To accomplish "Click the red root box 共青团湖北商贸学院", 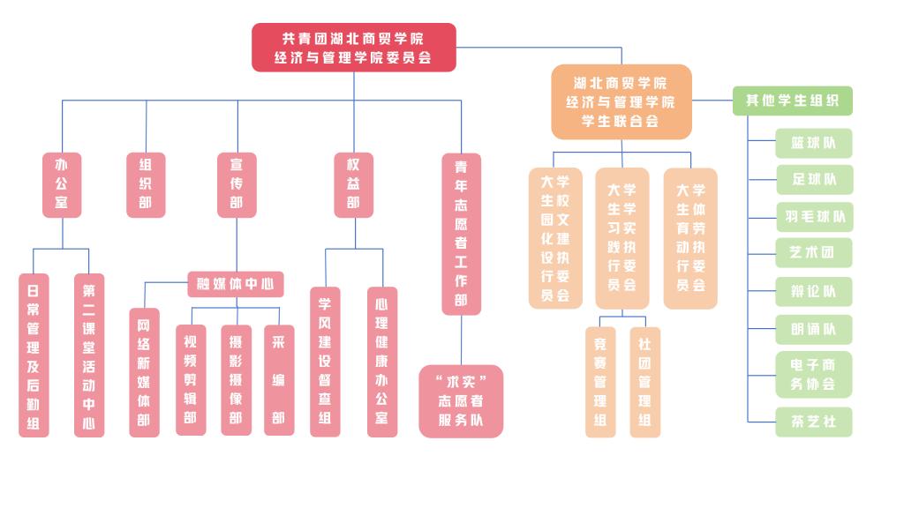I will point(353,48).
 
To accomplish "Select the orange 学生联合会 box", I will point(621,101).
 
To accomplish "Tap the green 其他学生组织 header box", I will point(792,101).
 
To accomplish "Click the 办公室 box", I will point(62,184).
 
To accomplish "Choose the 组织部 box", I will point(146,184).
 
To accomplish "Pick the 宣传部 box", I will point(237,184).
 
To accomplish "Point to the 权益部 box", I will point(353,184).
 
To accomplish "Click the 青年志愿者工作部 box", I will point(461,234).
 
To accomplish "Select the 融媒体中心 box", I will point(236,284).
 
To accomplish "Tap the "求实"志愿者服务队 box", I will point(461,400).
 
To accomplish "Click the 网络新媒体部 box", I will point(144,372).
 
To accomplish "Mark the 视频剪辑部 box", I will point(191,379).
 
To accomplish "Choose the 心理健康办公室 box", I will point(382,361).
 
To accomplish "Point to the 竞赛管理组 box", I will point(600,381).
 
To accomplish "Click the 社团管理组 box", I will point(644,381).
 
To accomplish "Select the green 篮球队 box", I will point(814,143).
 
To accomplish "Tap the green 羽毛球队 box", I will point(814,216).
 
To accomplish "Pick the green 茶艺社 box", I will point(814,422).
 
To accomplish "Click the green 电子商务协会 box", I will point(814,374).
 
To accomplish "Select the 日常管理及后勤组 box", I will point(34,355).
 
